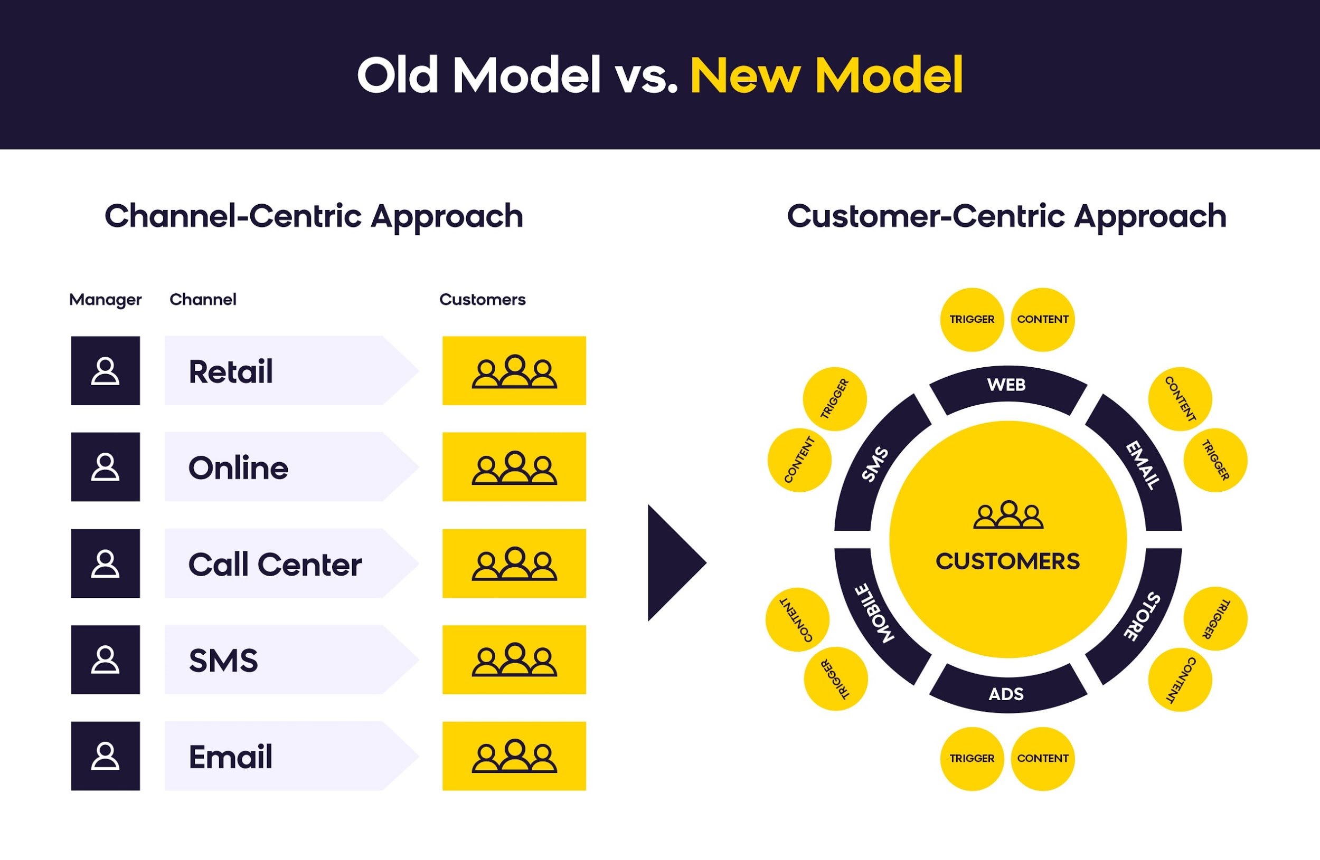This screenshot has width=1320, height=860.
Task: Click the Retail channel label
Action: [x=231, y=371]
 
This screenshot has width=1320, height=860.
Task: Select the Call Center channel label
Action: [x=275, y=564]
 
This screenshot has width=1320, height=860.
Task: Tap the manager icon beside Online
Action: [x=106, y=467]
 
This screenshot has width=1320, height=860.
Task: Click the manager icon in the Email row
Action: [x=106, y=756]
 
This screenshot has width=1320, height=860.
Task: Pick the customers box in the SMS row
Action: [x=514, y=660]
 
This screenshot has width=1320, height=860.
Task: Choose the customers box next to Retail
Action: [x=514, y=371]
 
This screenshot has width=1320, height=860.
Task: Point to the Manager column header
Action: [x=106, y=300]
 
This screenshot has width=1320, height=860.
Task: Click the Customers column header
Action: [x=483, y=300]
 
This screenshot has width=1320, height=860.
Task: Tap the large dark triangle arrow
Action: [x=672, y=562]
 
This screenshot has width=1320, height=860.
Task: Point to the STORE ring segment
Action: [x=1143, y=615]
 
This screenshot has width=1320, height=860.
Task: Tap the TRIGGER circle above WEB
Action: [x=972, y=320]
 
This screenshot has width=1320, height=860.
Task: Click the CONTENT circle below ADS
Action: [x=1043, y=758]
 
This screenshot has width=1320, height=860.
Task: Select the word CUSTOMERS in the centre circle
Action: [x=1008, y=561]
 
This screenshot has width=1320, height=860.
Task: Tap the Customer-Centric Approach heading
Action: [x=1007, y=216]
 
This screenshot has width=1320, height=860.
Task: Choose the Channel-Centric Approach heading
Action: [x=314, y=216]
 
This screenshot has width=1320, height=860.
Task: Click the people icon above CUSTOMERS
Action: [x=1008, y=515]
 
